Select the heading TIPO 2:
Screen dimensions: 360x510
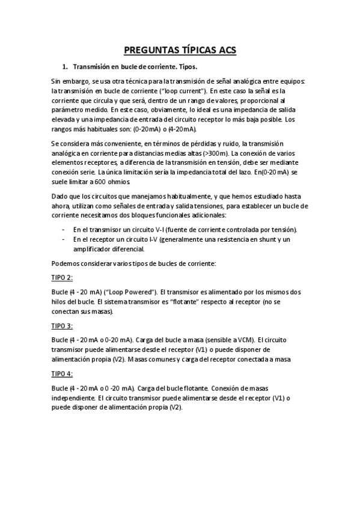click(x=62, y=277)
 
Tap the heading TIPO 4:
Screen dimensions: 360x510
click(x=62, y=373)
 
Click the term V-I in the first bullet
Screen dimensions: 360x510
click(x=154, y=230)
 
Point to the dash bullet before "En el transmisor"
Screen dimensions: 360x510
click(x=64, y=230)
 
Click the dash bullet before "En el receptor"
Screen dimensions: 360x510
click(x=64, y=239)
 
